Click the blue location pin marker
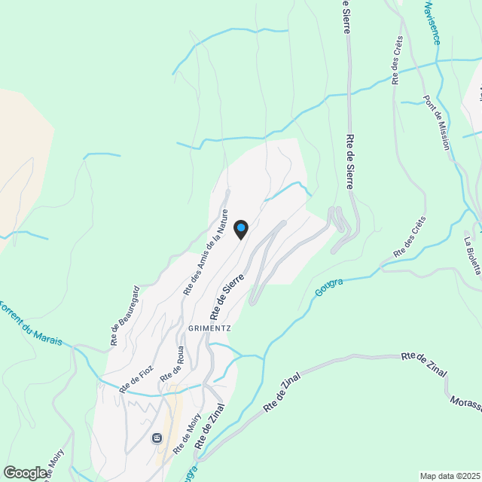(240, 228)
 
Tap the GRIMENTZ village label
(199, 329)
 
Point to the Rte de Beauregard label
(125, 316)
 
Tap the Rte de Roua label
(181, 365)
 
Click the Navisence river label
(431, 22)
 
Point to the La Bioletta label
(471, 256)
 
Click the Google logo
(25, 472)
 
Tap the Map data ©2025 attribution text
(450, 476)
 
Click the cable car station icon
(157, 438)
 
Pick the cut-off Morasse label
(465, 404)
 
